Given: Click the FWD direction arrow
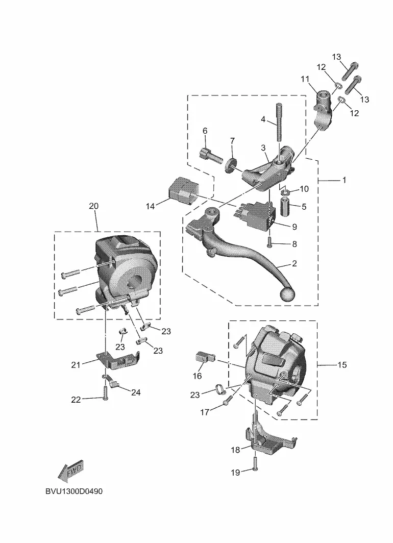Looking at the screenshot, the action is point(70,471).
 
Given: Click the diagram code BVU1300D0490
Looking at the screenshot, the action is point(74,491).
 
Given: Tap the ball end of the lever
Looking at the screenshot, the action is point(287,295).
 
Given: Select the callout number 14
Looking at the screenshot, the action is point(150,206).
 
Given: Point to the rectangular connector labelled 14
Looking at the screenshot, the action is point(182,189).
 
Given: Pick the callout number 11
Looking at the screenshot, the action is point(305,79).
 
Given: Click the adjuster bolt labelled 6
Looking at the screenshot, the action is point(211,154).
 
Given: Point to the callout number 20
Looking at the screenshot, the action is point(93,206).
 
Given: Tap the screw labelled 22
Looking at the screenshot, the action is point(105,393).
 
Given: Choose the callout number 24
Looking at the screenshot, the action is point(136,392).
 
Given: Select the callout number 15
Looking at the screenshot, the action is point(342,365).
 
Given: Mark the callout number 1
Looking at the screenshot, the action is point(344,180).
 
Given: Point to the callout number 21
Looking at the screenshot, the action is point(76,365).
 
